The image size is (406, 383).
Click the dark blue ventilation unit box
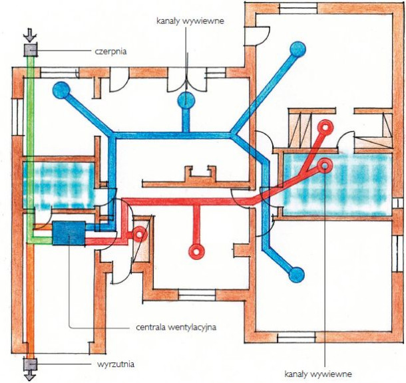pyautogui.click(x=69, y=233)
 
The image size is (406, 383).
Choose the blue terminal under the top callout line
pyautogui.click(x=186, y=100)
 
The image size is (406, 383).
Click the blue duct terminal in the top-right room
pyautogui.click(x=297, y=49)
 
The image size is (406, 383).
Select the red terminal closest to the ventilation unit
pyautogui.click(x=140, y=234)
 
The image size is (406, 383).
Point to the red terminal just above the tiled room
pyautogui.click(x=325, y=126)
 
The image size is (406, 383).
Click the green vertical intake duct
pyautogui.click(x=31, y=146)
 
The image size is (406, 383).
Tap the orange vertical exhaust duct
pyautogui.click(x=31, y=299)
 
